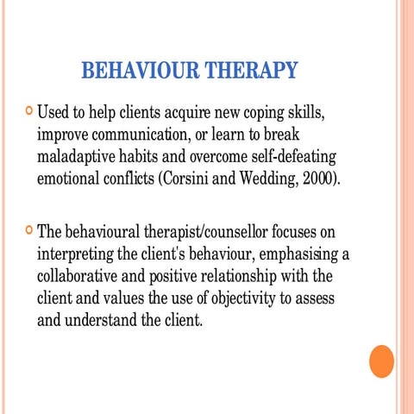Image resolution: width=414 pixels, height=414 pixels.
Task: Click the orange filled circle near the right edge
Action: click(x=380, y=361)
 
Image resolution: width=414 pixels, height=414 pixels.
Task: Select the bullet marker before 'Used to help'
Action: click(x=30, y=111)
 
